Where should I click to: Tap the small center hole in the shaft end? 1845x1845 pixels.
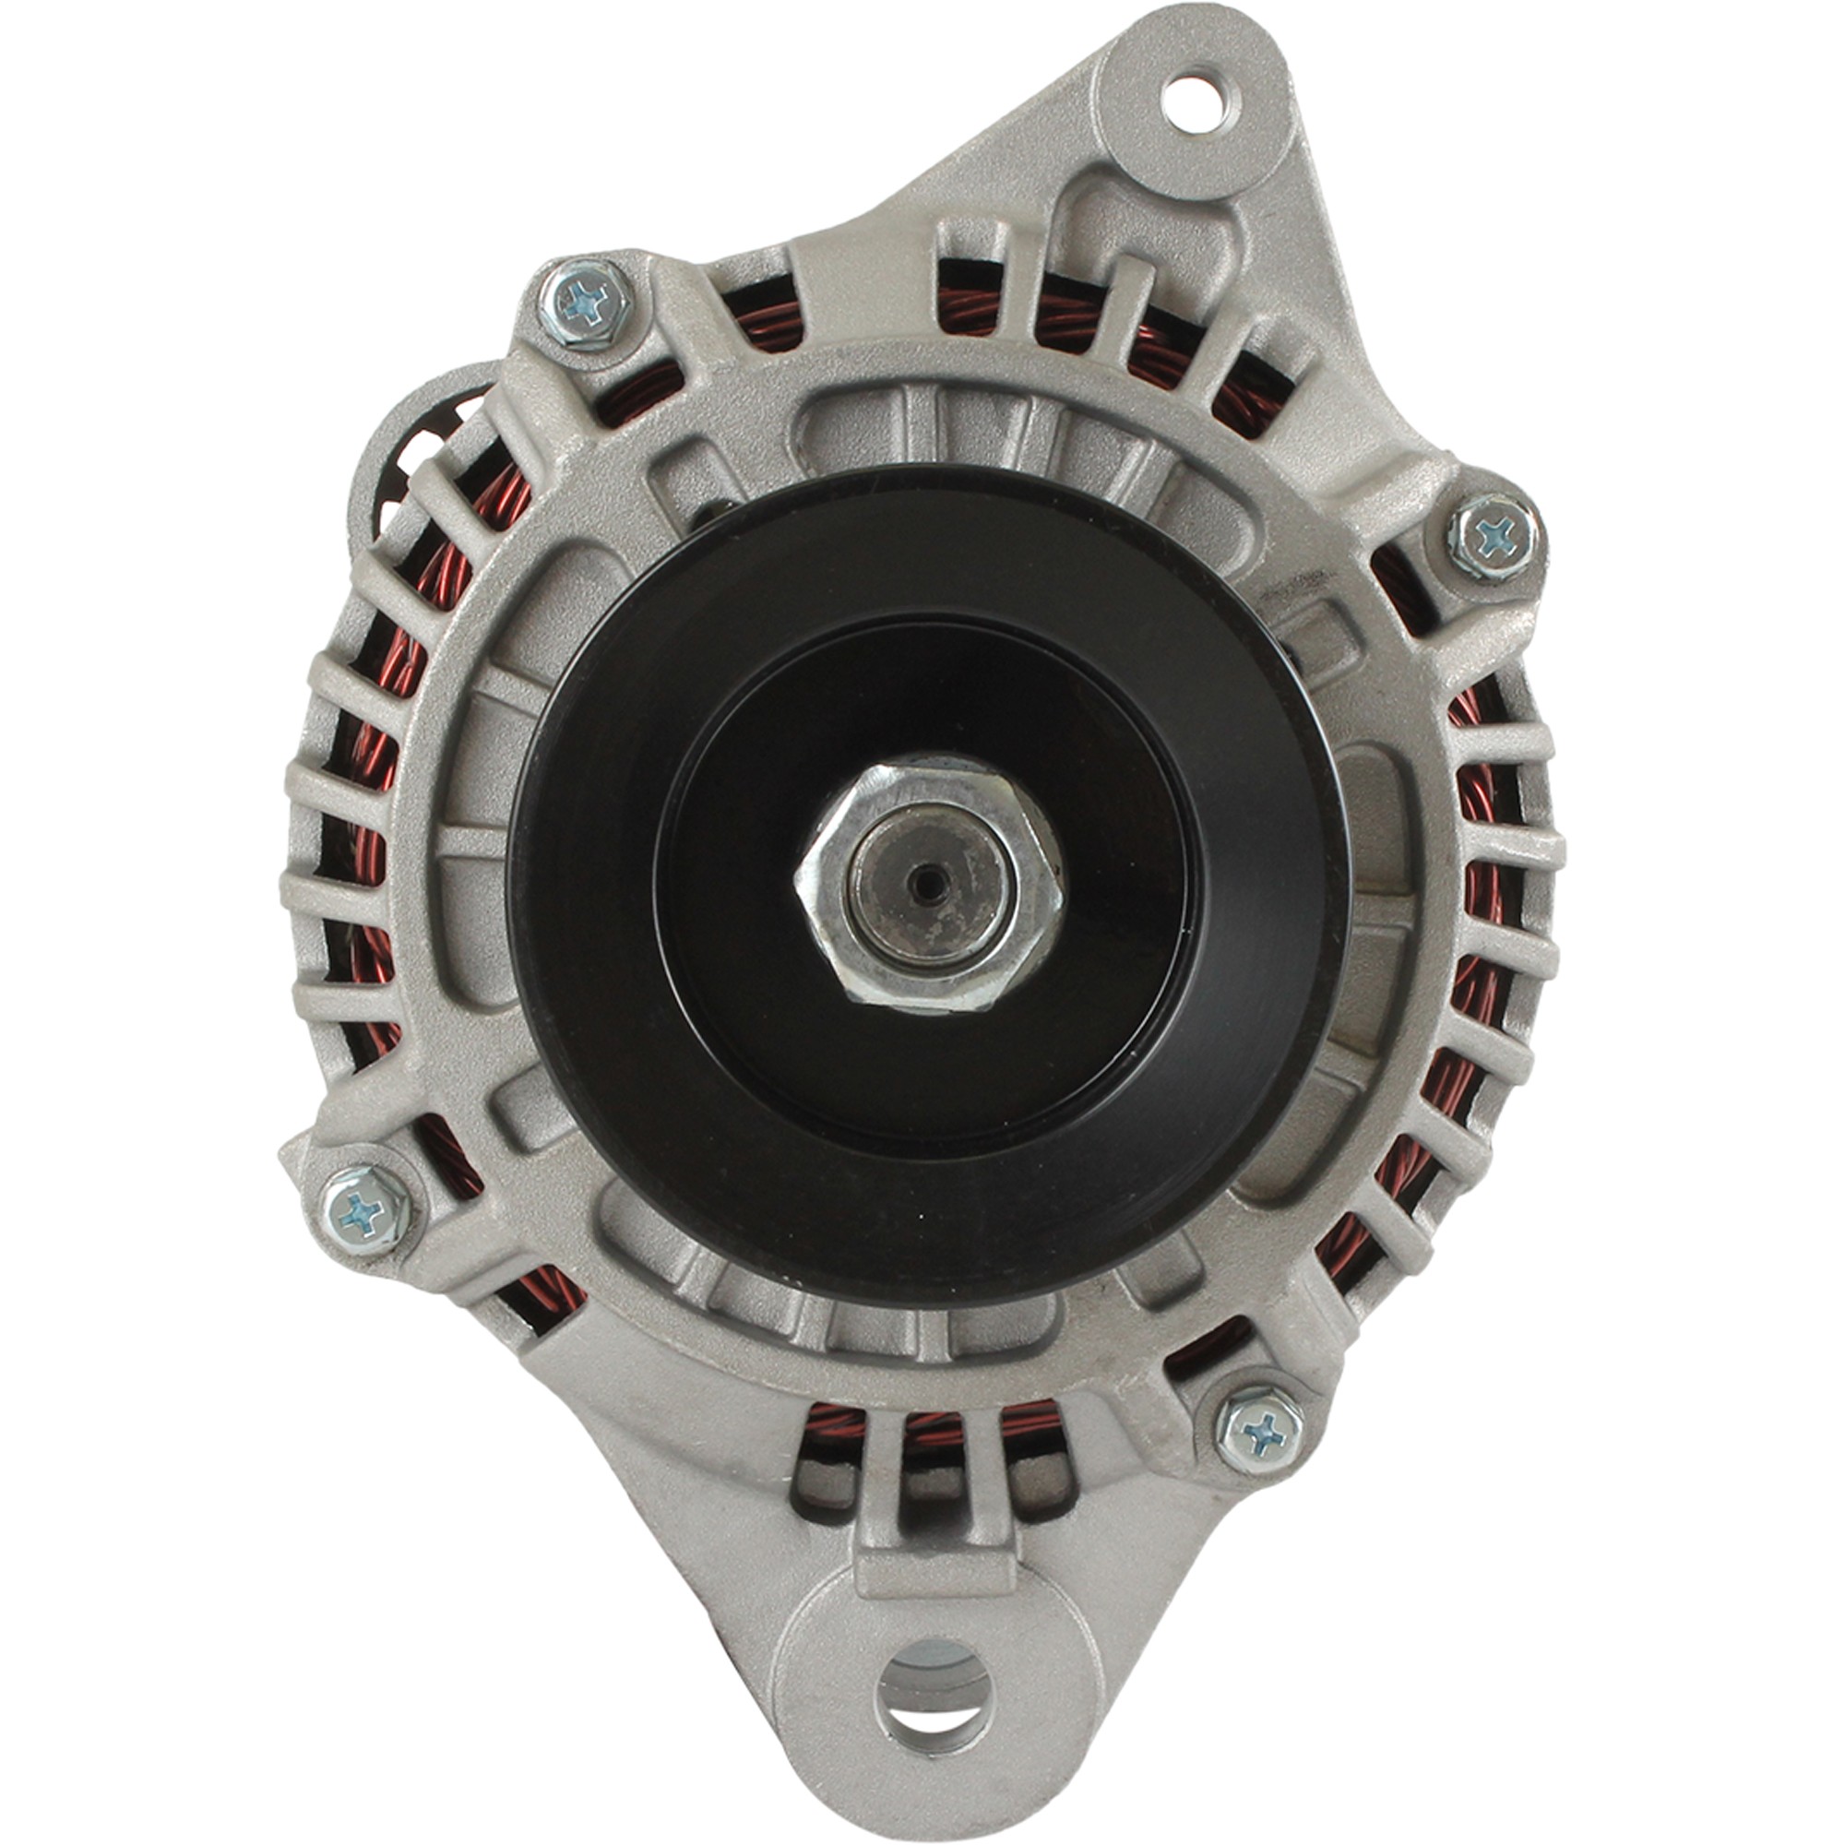pyautogui.click(x=925, y=885)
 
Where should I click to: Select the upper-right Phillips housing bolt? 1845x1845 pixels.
pyautogui.click(x=1493, y=537)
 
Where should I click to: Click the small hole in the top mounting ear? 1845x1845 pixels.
pyautogui.click(x=1193, y=104)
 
